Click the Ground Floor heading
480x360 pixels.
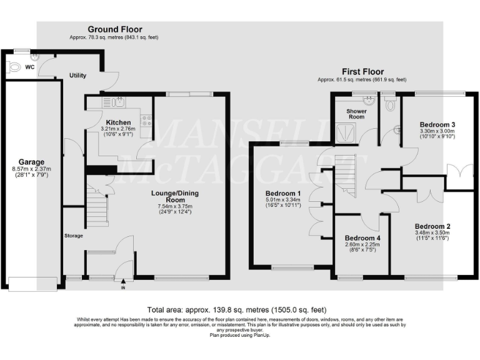pyautogui.click(x=114, y=29)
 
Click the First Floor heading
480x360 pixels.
pyautogui.click(x=362, y=72)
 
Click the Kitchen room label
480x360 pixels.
pyautogui.click(x=118, y=122)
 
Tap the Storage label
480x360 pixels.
pyautogui.click(x=73, y=236)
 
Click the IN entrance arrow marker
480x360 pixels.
pyautogui.click(x=123, y=284)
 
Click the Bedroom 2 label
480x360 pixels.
pyautogui.click(x=432, y=226)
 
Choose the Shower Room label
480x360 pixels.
pyautogui.click(x=356, y=114)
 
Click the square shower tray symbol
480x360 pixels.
pyautogui.click(x=345, y=131)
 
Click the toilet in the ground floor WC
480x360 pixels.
pyautogui.click(x=14, y=67)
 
